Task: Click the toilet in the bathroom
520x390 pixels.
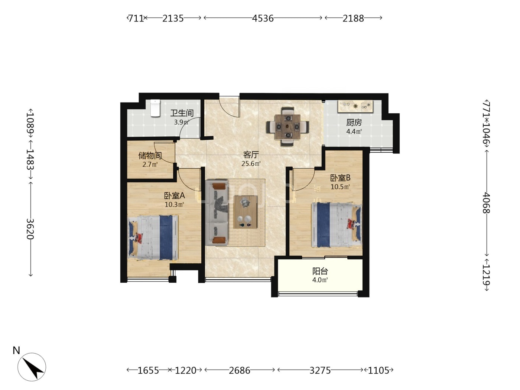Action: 155,108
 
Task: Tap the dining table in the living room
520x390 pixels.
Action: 287,127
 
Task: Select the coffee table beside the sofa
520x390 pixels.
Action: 246,212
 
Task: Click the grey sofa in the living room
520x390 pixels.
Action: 217,213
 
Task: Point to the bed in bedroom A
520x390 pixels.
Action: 153,237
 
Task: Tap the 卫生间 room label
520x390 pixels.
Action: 182,113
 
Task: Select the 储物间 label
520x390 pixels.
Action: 150,156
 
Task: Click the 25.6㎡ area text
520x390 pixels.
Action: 251,164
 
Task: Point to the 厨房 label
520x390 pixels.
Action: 354,123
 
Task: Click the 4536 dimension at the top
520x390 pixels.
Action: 263,18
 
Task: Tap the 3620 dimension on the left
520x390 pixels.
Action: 30,229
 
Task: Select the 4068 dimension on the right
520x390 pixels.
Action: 486,203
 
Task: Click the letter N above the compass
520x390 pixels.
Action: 16,351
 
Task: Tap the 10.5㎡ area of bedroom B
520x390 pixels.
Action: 340,187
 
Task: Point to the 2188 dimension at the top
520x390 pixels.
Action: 353,18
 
